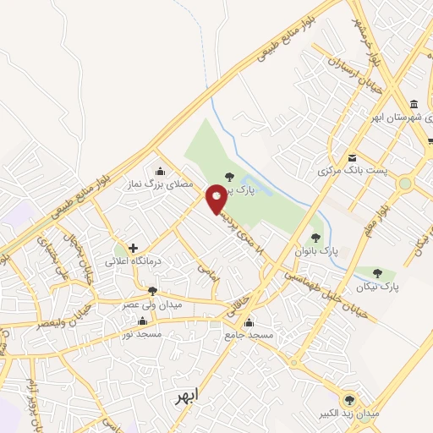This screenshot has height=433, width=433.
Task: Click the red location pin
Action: [x=216, y=200]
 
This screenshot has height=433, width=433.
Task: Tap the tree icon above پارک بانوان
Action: [x=316, y=238]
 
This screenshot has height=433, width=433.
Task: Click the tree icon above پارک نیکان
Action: [x=376, y=272]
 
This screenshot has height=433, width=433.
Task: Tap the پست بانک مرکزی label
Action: [x=354, y=172]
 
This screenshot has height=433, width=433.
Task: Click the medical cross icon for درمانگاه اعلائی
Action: [x=133, y=248]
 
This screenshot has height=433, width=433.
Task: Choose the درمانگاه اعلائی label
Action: [x=130, y=261]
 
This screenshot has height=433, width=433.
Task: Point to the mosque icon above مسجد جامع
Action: [x=249, y=321]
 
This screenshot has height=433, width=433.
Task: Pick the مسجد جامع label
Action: [x=250, y=335]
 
